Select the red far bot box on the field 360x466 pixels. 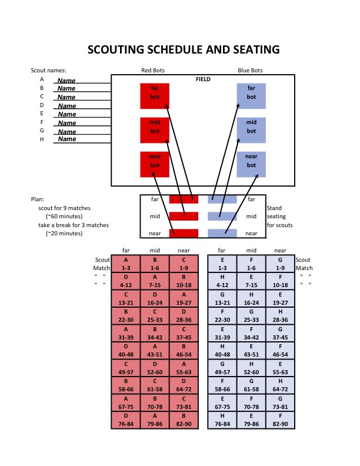155,96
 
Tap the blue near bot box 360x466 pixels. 251,164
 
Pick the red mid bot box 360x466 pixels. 155,130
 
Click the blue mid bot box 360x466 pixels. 251,130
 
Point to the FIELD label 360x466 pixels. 203,79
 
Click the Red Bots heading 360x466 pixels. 153,71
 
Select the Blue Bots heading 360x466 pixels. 251,71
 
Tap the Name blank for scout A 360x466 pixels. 66,80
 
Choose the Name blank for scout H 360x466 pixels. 66,139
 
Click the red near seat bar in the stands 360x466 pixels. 184,233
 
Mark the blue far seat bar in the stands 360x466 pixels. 222,199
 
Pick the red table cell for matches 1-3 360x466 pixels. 126,264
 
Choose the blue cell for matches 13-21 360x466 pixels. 222,298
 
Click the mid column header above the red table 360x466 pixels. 155,250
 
